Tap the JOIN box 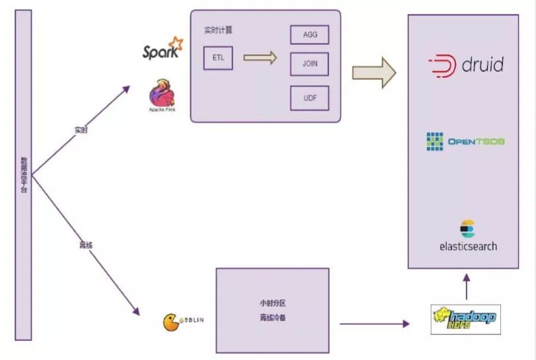click(x=309, y=64)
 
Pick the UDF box click(x=309, y=98)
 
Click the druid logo click(x=467, y=65)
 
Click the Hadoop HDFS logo click(x=464, y=318)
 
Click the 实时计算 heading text click(x=218, y=30)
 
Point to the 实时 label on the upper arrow click(x=81, y=129)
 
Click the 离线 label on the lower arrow click(x=85, y=245)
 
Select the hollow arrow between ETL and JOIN click(x=260, y=58)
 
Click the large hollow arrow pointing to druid click(x=373, y=72)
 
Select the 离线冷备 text click(x=272, y=318)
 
